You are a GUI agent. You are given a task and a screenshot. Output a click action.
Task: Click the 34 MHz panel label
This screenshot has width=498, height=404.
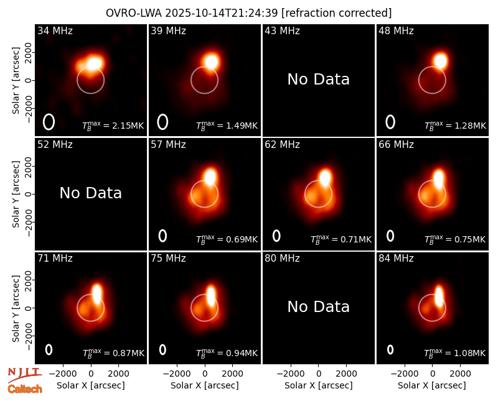coord(55,30)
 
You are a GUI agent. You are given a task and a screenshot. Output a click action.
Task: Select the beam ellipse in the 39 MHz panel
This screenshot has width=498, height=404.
coord(162,122)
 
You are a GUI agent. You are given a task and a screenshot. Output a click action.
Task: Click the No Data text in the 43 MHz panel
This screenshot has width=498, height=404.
coord(318,80)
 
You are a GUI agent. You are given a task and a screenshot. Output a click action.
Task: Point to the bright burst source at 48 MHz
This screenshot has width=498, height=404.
coord(441,60)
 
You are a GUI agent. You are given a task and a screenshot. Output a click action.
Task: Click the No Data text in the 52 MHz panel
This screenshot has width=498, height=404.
coord(90,193)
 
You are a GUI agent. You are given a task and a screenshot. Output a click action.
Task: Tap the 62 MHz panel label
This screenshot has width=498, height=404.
coord(283,145)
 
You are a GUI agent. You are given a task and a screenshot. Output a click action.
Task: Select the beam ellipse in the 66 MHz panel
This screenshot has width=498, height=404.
coord(390,236)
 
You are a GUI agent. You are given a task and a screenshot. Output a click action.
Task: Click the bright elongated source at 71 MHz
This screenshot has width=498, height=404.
coord(96,294)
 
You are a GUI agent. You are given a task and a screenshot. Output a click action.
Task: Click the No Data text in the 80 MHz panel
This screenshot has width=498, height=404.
coord(318,306)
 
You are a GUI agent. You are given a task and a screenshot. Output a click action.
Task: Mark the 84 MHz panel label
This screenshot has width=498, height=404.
coord(396,259)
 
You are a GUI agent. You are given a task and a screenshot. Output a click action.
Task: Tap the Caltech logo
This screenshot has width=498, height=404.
coord(25,389)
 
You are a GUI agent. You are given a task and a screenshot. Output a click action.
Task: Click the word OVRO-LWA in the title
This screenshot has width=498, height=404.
coord(134,13)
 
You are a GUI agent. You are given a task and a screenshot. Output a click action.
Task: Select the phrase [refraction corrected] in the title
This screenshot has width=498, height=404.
coord(336,13)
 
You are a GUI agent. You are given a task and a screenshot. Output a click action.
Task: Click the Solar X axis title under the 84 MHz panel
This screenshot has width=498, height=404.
coord(432,385)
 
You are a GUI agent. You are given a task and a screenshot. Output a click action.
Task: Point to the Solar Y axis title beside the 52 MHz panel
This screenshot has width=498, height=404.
coord(16,194)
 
